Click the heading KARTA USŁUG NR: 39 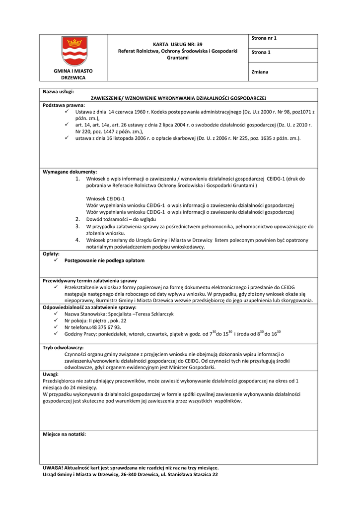177,44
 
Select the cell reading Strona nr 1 264,38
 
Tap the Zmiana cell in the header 260,72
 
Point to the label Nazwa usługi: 58,92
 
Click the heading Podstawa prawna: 64,105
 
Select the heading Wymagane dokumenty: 70,172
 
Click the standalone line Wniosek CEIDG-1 99,198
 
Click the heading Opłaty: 51,254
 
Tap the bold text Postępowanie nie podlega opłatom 104,260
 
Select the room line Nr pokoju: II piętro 95,321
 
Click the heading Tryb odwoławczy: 63,348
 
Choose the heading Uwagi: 51,374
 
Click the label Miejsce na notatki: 64,434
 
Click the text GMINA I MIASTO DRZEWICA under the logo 73,74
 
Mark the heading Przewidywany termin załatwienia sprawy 90,281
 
